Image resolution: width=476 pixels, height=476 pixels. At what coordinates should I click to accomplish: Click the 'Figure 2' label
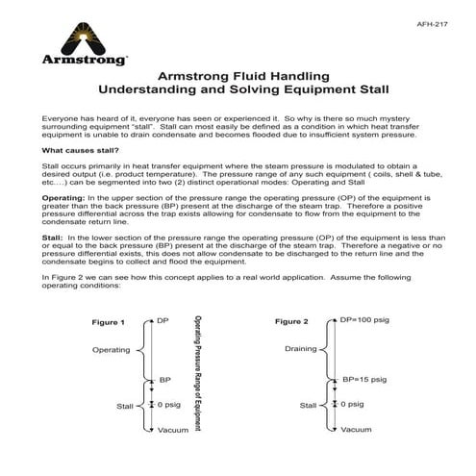coord(291,321)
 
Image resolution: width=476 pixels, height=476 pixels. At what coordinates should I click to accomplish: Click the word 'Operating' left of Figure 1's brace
coord(111,350)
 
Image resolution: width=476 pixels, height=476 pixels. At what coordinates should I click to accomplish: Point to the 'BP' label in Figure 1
coord(164,381)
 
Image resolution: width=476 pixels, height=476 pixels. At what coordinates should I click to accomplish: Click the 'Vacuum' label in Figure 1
coord(172,430)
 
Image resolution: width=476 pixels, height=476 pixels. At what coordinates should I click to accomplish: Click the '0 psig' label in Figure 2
coord(356,405)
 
